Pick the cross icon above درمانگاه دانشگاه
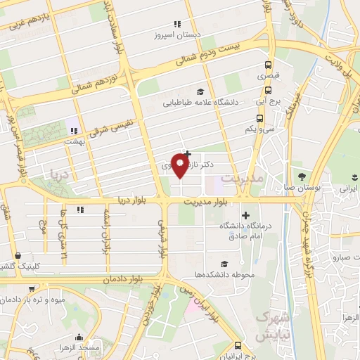pyautogui.click(x=245, y=214)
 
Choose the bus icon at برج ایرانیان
pyautogui.click(x=238, y=345)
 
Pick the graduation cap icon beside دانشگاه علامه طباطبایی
pyautogui.click(x=201, y=91)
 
